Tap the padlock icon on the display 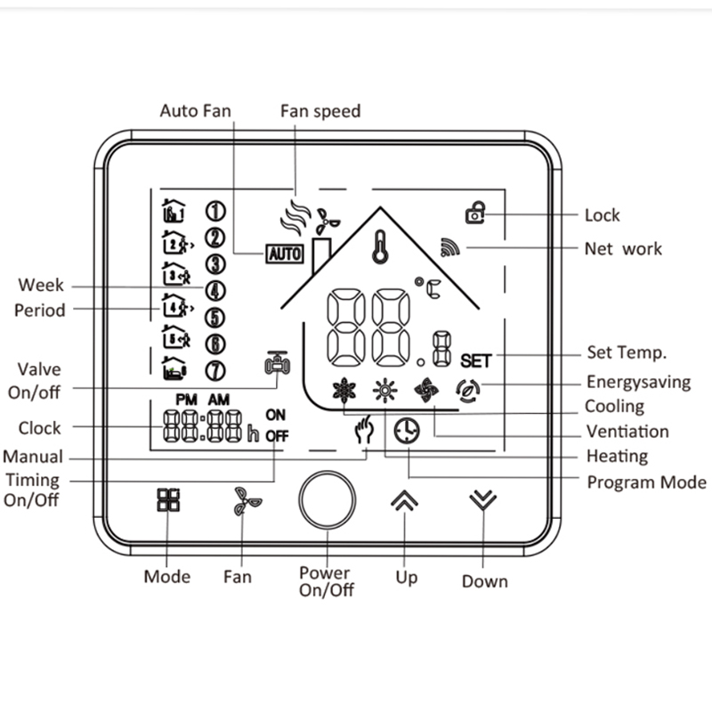(475, 213)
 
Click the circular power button (327, 499)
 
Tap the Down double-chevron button (483, 499)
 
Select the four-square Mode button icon (168, 500)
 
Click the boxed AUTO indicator (285, 254)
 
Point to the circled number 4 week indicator (215, 291)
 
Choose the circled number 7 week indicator (215, 370)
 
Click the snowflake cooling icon (344, 390)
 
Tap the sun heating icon (385, 390)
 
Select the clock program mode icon (407, 431)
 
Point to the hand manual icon (364, 429)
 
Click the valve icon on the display (278, 363)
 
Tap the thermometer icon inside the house (381, 247)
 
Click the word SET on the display (476, 361)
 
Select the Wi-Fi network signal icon (449, 247)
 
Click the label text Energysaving (638, 383)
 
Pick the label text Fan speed (320, 111)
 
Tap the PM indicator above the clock (187, 400)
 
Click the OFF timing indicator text (277, 436)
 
